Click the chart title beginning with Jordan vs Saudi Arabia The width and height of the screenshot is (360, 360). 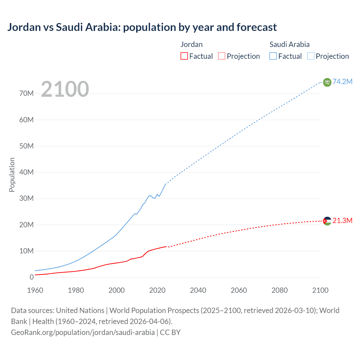click(x=142, y=27)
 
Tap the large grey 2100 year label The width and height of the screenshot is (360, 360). click(x=65, y=89)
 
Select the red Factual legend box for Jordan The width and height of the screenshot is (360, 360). click(x=184, y=56)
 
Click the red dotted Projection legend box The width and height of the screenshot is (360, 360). click(x=222, y=56)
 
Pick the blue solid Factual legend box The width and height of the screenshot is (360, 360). click(x=273, y=56)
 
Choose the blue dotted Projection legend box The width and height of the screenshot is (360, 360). click(x=311, y=56)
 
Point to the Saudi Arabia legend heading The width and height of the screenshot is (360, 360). click(x=289, y=44)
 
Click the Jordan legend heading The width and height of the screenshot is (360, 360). click(x=192, y=44)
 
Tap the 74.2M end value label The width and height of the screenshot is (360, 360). click(x=342, y=82)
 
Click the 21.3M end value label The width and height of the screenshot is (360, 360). click(x=342, y=220)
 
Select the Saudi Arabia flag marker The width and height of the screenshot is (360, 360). click(x=327, y=82)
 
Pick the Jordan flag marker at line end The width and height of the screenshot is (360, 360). click(x=327, y=221)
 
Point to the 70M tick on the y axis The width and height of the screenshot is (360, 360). click(x=26, y=94)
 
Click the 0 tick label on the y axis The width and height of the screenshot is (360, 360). click(x=31, y=277)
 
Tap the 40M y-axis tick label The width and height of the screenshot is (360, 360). click(x=26, y=172)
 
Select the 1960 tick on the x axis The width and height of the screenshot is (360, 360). click(x=35, y=290)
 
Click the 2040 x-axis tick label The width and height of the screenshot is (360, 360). click(x=198, y=290)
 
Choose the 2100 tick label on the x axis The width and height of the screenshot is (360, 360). click(x=320, y=290)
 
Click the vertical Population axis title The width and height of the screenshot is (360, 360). click(x=12, y=175)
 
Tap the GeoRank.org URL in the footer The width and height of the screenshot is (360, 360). click(x=83, y=332)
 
